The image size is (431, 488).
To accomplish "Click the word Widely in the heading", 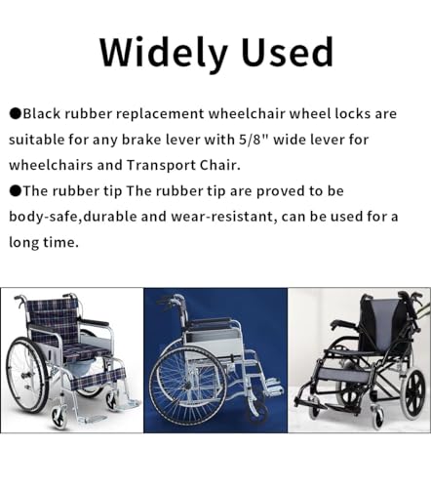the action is [x=163, y=54].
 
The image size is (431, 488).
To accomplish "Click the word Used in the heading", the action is [x=288, y=52].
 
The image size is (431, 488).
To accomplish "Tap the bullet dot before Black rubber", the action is [x=16, y=114].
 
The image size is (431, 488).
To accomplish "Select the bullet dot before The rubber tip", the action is [x=16, y=191].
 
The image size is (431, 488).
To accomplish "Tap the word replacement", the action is [x=160, y=114].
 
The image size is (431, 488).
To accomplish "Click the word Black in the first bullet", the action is [x=42, y=114].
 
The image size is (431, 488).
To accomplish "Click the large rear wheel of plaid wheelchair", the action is [x=27, y=375].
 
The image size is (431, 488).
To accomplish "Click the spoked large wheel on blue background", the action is [x=188, y=386].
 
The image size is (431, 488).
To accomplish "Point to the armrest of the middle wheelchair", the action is [x=211, y=321].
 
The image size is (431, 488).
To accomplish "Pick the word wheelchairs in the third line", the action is [x=51, y=166].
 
